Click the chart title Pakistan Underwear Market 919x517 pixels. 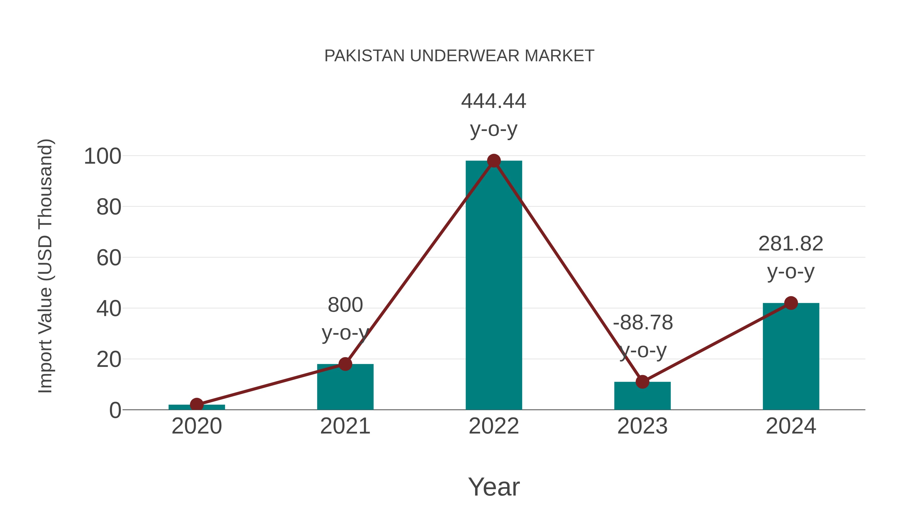[459, 56]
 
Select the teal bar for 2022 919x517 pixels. [494, 285]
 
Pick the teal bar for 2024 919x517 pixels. [791, 357]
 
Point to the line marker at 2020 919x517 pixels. [197, 405]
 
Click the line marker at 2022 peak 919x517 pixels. [494, 161]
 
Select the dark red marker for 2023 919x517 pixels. [642, 382]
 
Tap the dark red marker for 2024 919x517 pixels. [791, 303]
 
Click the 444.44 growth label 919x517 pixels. [494, 101]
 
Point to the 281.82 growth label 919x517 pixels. [791, 244]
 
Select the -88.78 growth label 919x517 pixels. [643, 323]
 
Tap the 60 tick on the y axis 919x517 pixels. [109, 258]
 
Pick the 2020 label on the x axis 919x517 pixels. [197, 426]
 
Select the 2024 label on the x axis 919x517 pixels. [791, 426]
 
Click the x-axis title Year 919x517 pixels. [494, 487]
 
